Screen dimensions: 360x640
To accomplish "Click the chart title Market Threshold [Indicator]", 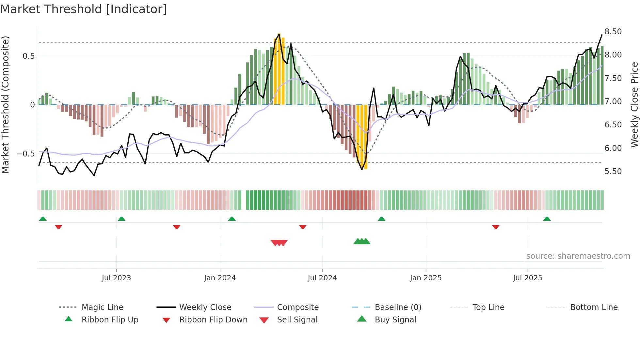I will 84,9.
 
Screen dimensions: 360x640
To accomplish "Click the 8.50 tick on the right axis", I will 613,32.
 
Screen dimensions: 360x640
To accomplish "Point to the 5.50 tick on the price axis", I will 613,172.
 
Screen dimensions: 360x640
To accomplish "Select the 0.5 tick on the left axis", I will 28,56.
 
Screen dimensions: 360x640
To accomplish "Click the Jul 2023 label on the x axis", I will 116,278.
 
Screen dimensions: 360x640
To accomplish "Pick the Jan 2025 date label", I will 425,278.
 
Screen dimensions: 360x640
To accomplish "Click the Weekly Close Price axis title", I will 634,105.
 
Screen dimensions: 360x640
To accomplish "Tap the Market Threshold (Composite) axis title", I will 5,105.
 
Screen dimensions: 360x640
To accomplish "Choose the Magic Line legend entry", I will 102,307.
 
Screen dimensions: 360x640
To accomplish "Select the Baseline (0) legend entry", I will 398,307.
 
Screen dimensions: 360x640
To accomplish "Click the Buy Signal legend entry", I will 395,320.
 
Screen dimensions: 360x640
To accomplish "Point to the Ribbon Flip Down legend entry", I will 213,320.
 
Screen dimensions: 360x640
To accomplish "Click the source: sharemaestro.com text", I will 578,256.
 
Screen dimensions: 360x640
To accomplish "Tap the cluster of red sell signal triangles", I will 279,243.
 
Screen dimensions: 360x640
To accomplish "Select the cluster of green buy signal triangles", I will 362,241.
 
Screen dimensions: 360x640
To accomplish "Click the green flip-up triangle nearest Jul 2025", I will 547,219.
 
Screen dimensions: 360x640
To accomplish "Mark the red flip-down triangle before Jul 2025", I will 496,227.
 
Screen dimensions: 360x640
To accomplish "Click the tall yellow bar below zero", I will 362,137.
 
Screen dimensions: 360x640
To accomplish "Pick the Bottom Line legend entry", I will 594,307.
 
